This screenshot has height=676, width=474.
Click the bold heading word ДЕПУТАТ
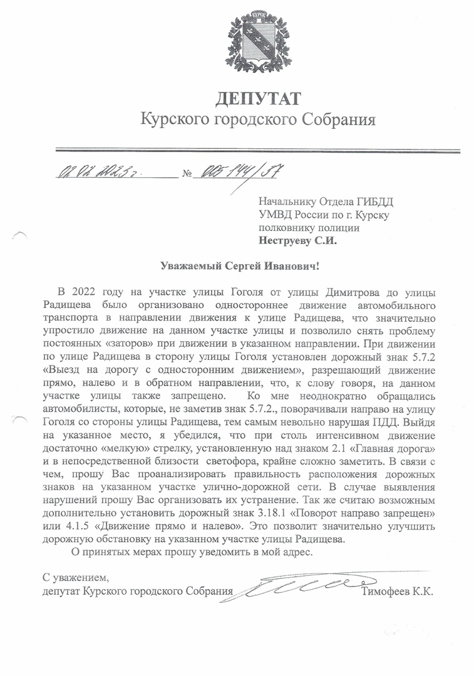pyautogui.click(x=258, y=98)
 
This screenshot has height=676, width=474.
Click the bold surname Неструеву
pyautogui.click(x=287, y=240)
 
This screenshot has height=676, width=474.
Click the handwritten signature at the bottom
pyautogui.click(x=294, y=587)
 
